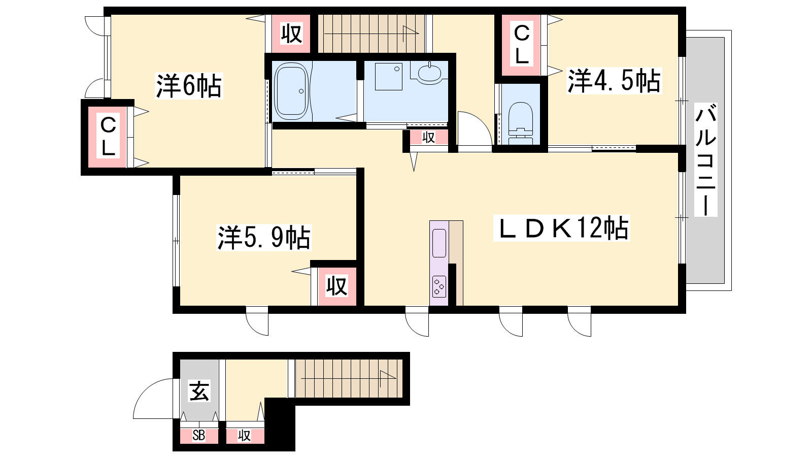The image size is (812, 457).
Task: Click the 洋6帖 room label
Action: [x=188, y=86]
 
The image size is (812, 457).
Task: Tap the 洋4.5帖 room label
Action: [x=614, y=81]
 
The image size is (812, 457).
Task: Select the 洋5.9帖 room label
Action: [x=264, y=238]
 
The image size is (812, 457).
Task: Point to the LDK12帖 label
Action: [x=562, y=228]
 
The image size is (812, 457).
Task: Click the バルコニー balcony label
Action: [x=706, y=159]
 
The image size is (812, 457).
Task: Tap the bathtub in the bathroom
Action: [x=291, y=91]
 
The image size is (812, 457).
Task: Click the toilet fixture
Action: [x=521, y=123]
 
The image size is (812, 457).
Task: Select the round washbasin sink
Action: [x=429, y=73]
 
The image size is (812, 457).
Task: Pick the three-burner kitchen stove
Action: [x=439, y=286]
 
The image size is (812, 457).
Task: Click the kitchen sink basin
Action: [x=439, y=243]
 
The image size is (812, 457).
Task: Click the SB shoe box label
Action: [x=198, y=435]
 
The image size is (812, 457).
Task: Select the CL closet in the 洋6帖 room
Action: [x=108, y=137]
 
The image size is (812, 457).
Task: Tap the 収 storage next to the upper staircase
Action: [x=291, y=34]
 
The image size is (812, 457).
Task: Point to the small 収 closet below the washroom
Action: [x=428, y=138]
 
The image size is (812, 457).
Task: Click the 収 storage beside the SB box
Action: [x=245, y=436]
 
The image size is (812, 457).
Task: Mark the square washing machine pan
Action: [x=389, y=77]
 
